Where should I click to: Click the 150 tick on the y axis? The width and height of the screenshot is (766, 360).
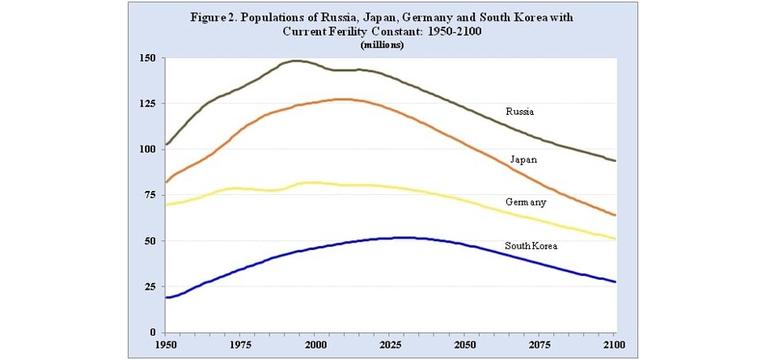[x=146, y=58]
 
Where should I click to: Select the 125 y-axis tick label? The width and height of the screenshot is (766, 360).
[x=146, y=104]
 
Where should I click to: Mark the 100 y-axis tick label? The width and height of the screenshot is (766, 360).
[x=146, y=150]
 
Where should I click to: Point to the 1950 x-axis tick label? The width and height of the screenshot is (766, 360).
[x=165, y=346]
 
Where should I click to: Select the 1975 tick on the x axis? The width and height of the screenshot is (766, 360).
[x=240, y=346]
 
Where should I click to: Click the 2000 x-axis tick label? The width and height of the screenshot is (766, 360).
[x=315, y=346]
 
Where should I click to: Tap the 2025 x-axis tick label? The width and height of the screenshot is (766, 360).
[x=391, y=346]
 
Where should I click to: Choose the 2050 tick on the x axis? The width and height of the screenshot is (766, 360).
[x=466, y=346]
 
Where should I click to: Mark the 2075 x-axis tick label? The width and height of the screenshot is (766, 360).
[x=541, y=346]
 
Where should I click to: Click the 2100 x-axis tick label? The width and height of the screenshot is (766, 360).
[x=616, y=346]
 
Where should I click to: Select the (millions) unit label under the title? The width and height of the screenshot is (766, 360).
[x=382, y=44]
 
